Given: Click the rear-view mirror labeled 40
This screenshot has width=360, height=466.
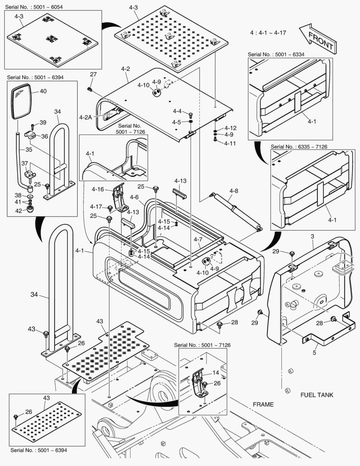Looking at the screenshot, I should pyautogui.click(x=21, y=102).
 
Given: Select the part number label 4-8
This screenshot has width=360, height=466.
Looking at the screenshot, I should pyautogui.click(x=234, y=190).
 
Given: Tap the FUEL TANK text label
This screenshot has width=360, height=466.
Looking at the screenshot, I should pyautogui.click(x=317, y=395).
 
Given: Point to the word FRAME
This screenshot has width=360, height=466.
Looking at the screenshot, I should pyautogui.click(x=263, y=404).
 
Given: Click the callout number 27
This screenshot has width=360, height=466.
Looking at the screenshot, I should pyautogui.click(x=93, y=74).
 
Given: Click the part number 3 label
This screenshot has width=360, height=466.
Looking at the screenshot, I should pyautogui.click(x=313, y=236).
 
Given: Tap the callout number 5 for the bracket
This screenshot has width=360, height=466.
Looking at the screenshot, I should pyautogui.click(x=314, y=353).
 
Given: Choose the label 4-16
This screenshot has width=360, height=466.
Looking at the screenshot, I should pyautogui.click(x=97, y=189).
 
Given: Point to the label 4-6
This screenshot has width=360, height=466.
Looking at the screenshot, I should pyautogui.click(x=134, y=197).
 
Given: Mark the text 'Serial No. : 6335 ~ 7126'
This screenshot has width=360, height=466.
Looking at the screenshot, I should pyautogui.click(x=299, y=147).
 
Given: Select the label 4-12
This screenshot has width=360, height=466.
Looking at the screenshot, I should pyautogui.click(x=230, y=128).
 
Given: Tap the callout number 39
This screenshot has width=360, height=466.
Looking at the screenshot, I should pyautogui.click(x=43, y=122).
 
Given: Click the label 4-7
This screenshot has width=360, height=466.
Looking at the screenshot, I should pyautogui.click(x=198, y=239).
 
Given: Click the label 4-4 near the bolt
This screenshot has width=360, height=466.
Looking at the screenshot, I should pyautogui.click(x=177, y=111).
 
